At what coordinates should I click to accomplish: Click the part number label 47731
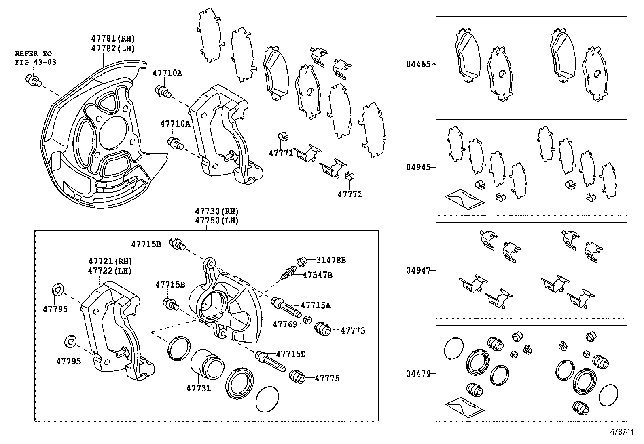pos(199,388)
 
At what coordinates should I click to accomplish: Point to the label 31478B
pos(331,261)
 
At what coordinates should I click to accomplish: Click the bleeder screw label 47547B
pos(318,275)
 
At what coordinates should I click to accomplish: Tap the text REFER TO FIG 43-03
pos(36,58)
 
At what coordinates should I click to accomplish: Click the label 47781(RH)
pos(113,39)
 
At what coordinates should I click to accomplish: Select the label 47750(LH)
pos(217,221)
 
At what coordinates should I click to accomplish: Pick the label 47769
pos(285,324)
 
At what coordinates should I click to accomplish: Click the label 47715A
pos(316,305)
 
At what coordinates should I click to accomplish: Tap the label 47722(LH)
pos(110,271)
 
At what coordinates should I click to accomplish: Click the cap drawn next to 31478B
pos(302,262)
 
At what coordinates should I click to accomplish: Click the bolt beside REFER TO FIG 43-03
pos(33,80)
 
